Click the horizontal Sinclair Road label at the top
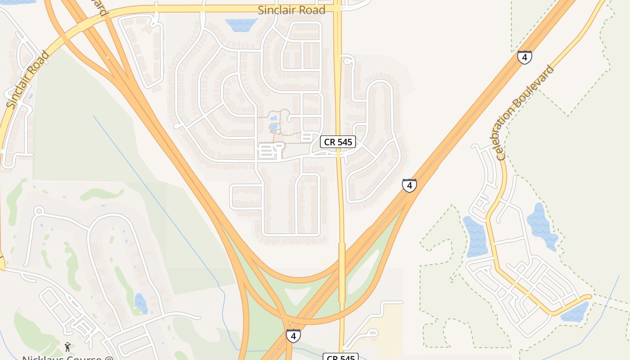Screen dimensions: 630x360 [x=291, y=10]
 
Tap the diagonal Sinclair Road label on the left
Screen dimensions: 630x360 [x=28, y=80]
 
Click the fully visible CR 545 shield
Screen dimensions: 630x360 [x=338, y=142]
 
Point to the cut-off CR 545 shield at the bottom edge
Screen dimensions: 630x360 [x=341, y=357]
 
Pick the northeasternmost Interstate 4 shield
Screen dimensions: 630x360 [x=524, y=57]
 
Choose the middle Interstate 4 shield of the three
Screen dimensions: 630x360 [x=409, y=185]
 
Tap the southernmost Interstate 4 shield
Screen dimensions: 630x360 [x=293, y=335]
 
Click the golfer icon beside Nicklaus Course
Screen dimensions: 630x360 [x=67, y=347]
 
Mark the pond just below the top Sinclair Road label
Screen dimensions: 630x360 [x=242, y=25]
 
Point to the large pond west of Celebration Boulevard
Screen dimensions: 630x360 [x=475, y=236]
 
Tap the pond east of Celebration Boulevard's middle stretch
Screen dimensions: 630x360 [x=541, y=225]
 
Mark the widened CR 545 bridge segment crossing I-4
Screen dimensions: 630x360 [x=342, y=272]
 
